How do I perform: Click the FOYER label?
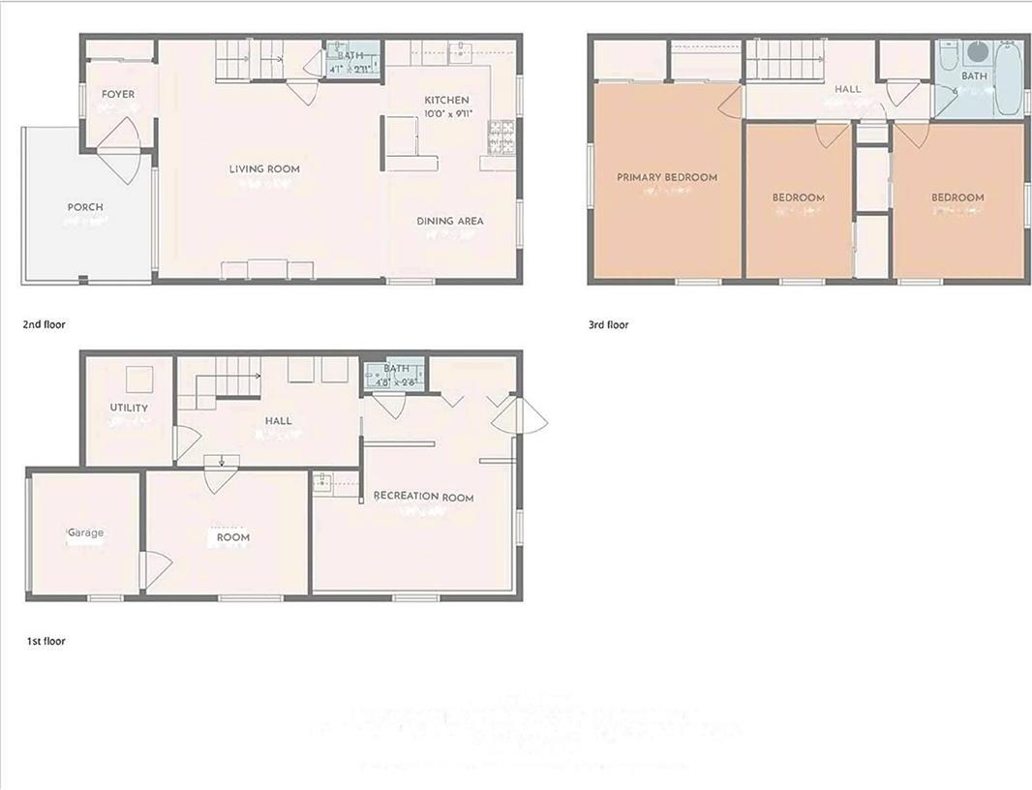point(118,94)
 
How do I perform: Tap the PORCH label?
point(85,206)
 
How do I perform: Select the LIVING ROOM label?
point(264,168)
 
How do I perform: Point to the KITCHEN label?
point(446,100)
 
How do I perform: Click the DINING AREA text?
point(450,221)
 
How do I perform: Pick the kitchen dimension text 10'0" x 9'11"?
point(446,113)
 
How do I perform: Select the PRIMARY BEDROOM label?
point(667,177)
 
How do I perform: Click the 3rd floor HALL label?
point(847,89)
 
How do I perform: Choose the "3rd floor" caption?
point(608,324)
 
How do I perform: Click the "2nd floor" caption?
point(44,324)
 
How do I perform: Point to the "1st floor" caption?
point(46,641)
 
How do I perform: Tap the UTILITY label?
point(129,408)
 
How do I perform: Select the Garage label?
point(85,532)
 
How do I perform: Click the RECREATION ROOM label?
point(424,497)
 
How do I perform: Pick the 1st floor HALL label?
point(278,420)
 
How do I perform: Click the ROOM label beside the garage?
point(232,537)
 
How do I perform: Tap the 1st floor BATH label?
point(397,368)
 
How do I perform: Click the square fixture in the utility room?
point(140,379)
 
